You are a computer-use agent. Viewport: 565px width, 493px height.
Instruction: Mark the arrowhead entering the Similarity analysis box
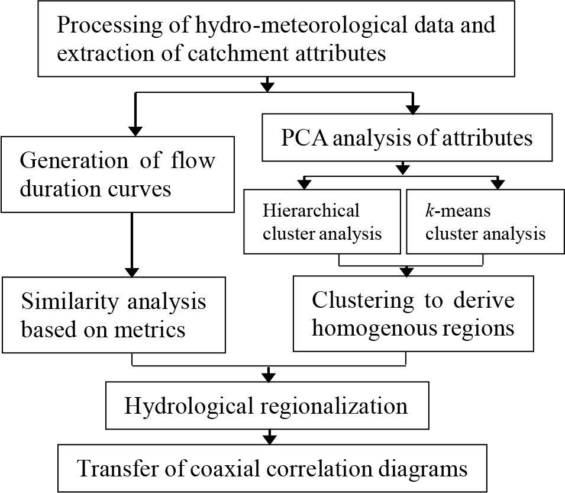(133, 272)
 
